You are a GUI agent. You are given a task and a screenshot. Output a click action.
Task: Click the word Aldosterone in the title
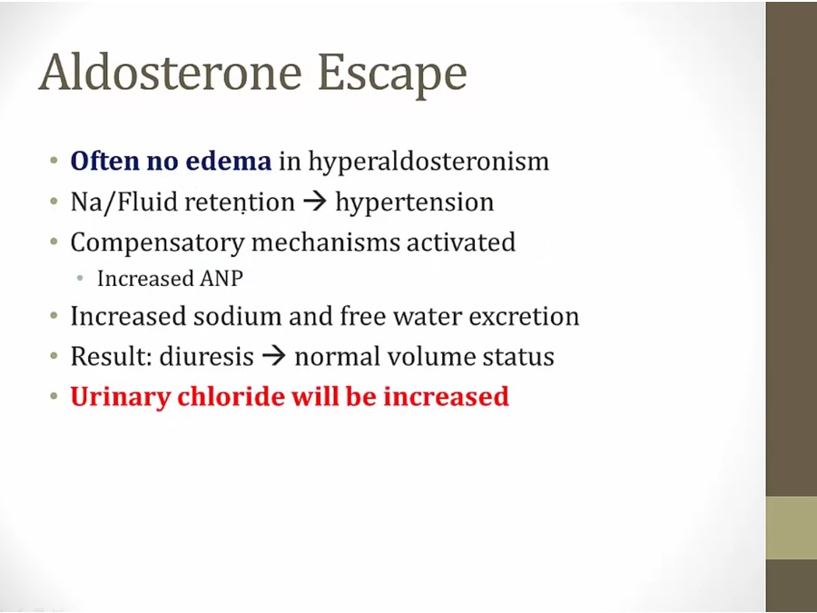point(170,73)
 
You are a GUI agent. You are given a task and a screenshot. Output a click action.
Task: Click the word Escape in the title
point(392,75)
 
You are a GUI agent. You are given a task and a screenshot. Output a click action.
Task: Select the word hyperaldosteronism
point(428,162)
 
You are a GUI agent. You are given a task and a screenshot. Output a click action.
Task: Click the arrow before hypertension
point(315,203)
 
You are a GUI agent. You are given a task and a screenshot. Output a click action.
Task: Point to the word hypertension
point(414,203)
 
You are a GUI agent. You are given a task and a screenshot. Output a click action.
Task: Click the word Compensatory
point(157,242)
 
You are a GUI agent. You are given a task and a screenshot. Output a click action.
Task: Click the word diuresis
point(206,357)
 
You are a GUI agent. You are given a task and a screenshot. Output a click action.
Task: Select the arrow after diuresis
point(274,357)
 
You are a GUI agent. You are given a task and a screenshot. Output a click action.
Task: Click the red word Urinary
point(121,397)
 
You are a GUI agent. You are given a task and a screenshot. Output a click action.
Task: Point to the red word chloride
point(231,396)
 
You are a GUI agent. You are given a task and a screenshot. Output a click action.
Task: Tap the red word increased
point(446,396)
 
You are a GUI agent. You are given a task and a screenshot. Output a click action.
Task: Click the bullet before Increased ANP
point(80,279)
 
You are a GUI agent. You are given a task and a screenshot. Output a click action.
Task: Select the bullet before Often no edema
point(54,161)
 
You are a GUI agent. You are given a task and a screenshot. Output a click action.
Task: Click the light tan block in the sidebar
point(792,528)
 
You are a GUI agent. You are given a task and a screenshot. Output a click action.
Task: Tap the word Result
point(111,357)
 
